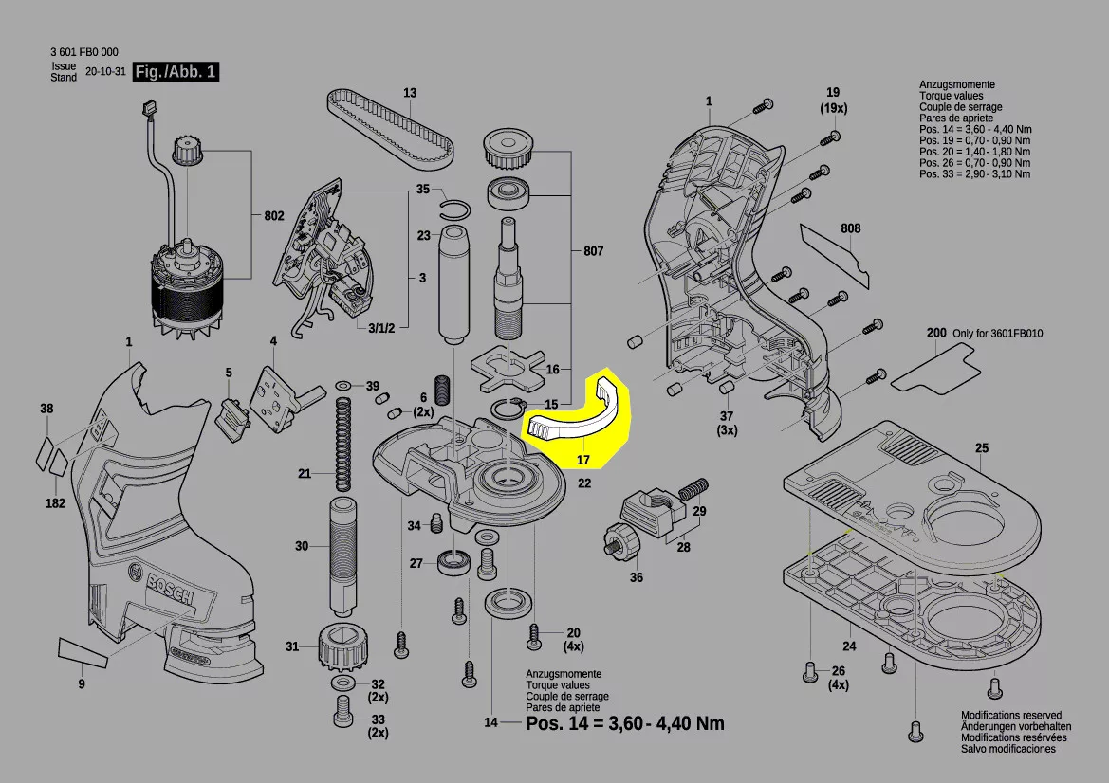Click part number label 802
tap(274, 216)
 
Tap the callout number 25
tap(981, 447)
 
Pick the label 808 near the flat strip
tap(850, 228)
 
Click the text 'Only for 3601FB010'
tap(997, 335)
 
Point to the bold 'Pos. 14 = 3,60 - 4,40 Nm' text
tap(624, 723)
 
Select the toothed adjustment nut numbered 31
tap(339, 648)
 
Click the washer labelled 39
tap(342, 387)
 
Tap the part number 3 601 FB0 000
tap(84, 53)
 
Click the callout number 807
tap(593, 252)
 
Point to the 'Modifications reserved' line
tap(1011, 716)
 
